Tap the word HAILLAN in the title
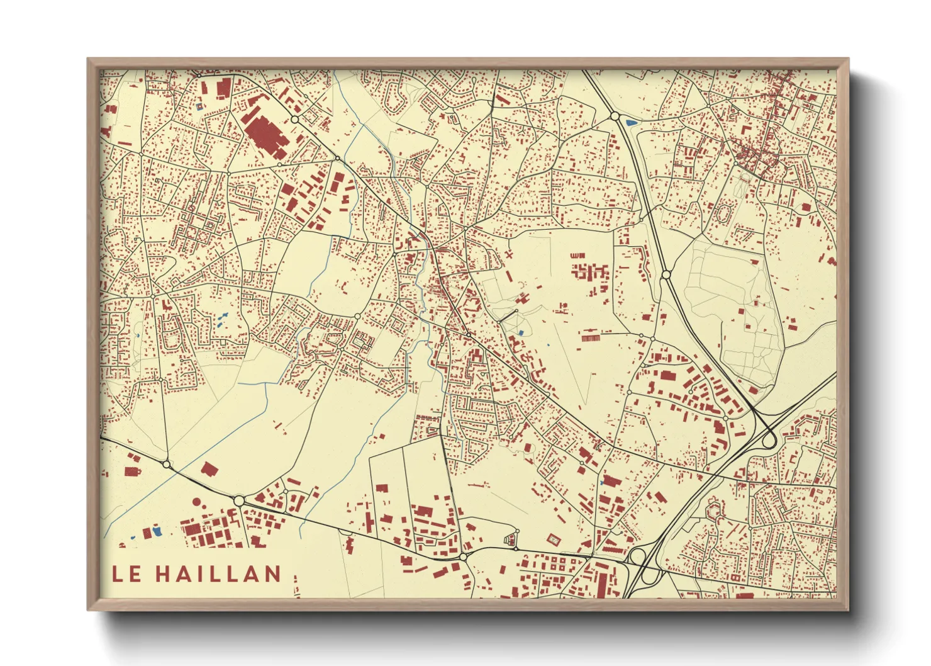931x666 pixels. (x=218, y=573)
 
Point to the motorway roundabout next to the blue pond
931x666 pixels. (x=614, y=116)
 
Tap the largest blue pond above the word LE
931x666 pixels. (x=157, y=531)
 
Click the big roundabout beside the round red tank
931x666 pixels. (x=239, y=500)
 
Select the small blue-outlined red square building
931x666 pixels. (x=201, y=106)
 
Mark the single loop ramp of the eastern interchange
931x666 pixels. (x=769, y=439)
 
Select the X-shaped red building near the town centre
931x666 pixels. (x=508, y=255)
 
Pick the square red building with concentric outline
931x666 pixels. (x=554, y=539)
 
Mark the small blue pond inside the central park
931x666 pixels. (x=521, y=332)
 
